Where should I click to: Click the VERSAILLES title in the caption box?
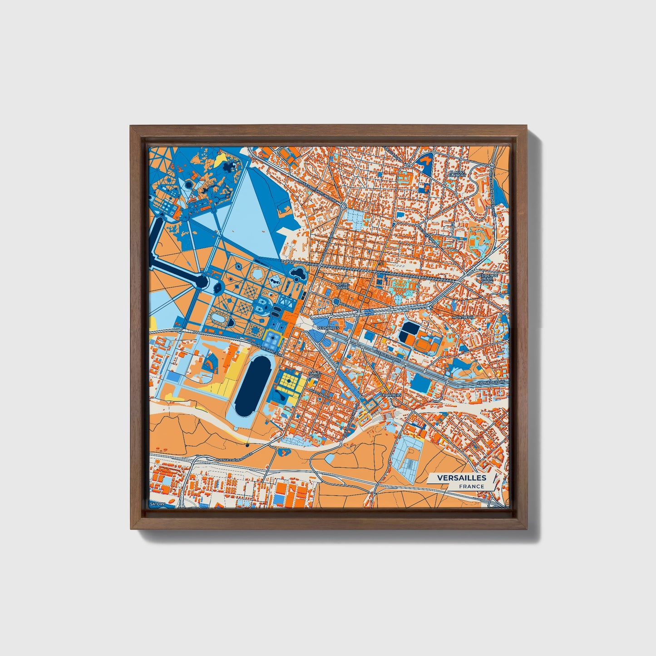tap(462, 478)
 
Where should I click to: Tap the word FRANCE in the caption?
tap(471, 486)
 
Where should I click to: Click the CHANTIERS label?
tap(391, 395)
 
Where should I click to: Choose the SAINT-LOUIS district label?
tap(314, 375)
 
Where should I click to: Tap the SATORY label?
tap(159, 504)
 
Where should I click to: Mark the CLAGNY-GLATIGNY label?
tap(457, 174)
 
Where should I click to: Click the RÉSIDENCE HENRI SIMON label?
tap(487, 278)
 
